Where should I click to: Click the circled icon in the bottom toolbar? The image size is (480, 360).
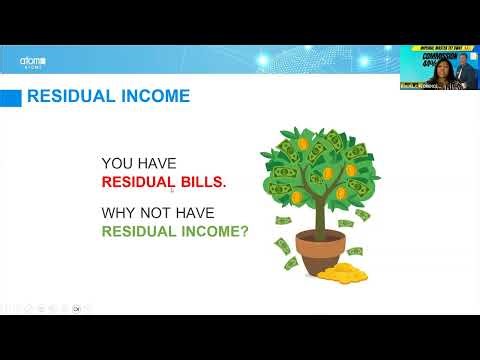[x=76, y=308]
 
